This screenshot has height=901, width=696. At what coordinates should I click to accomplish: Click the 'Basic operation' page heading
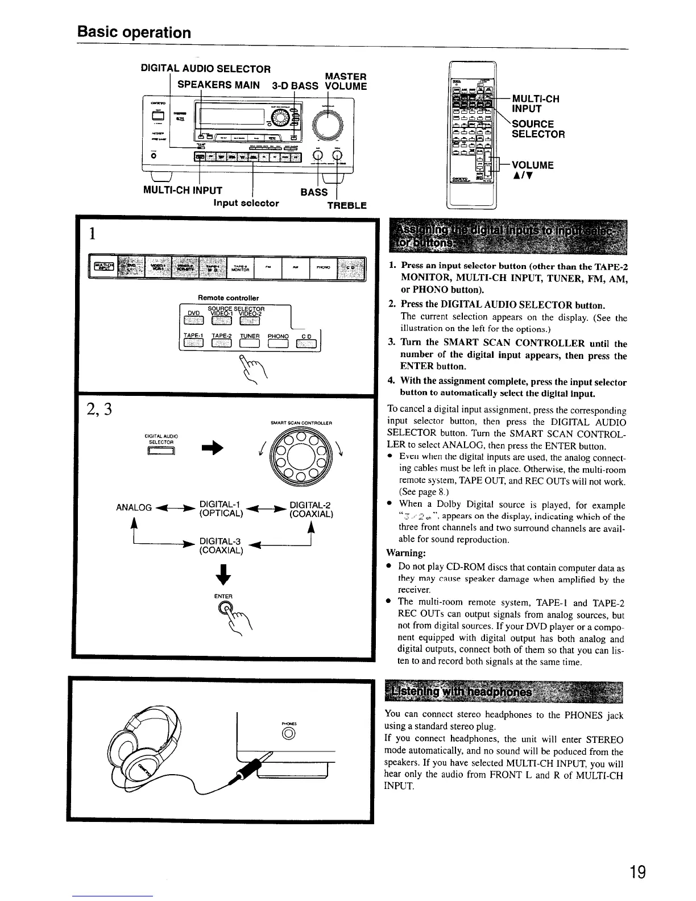[x=134, y=32]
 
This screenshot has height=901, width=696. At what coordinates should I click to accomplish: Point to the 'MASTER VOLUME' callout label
[x=345, y=81]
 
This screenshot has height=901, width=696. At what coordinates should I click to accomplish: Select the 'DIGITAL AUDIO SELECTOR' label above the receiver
[x=205, y=69]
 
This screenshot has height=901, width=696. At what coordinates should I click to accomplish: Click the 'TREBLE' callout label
[x=347, y=205]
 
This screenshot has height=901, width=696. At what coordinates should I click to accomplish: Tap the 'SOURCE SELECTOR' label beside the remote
[x=538, y=129]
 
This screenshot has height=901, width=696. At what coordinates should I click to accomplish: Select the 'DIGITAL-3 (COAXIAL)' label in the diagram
[x=221, y=545]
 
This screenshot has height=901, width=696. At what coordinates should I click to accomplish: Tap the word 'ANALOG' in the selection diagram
[x=134, y=507]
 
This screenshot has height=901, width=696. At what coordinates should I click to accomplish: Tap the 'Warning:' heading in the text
[x=405, y=553]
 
